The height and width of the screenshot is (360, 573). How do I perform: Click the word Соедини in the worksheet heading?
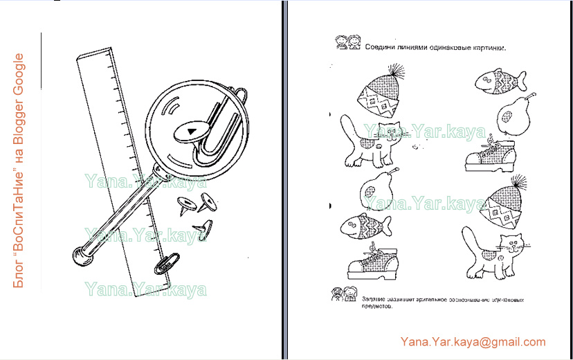[x=383, y=48]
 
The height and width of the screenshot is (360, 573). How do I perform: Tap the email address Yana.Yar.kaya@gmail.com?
[x=473, y=342]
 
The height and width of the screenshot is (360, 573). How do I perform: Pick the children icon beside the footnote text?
[x=343, y=294]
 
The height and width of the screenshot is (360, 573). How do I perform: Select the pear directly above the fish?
[x=378, y=188]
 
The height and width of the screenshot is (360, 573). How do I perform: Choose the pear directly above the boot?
[x=512, y=115]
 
